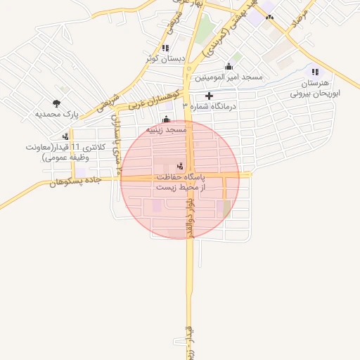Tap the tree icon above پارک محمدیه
pos(56,103)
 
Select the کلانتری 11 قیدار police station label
pos(64,153)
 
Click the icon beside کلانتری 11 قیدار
pos(65,136)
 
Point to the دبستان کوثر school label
pos(164,59)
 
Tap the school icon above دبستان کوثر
pos(165,48)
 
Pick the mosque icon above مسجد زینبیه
pos(166,119)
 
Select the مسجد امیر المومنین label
pos(229,77)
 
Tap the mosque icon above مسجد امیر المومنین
pos(229,66)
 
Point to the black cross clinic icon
pos(209,96)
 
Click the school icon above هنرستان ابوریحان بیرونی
pos(315,72)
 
